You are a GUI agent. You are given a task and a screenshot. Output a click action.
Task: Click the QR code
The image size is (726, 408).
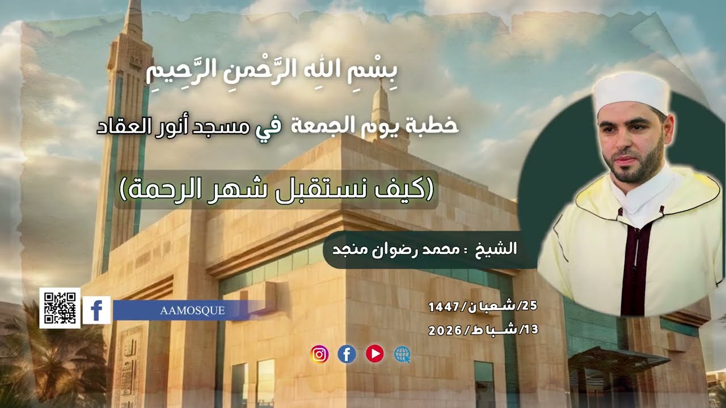[60, 308]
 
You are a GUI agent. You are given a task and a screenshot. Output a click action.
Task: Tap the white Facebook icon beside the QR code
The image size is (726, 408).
[96, 310]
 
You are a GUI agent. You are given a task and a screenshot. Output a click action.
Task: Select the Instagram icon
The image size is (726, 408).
[319, 355]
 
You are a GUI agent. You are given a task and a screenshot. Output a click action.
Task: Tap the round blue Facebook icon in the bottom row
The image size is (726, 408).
[347, 355]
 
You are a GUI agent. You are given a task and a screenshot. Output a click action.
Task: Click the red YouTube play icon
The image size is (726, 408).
[374, 354]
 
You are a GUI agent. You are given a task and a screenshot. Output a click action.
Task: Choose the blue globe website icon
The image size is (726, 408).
[402, 355]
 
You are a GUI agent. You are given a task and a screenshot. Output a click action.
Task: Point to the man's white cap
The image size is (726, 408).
[631, 91]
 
